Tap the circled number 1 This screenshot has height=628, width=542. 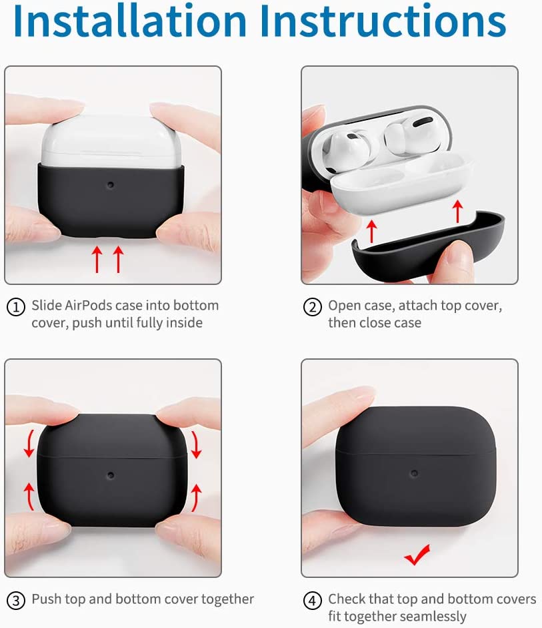click(x=15, y=307)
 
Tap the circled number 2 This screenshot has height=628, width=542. click(x=312, y=307)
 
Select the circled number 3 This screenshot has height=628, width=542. click(x=15, y=600)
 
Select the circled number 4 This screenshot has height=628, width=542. click(x=312, y=600)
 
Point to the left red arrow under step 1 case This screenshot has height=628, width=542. click(x=97, y=259)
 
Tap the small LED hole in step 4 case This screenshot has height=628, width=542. click(x=414, y=473)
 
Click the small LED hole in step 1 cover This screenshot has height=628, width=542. click(x=111, y=184)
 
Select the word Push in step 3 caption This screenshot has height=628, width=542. click(x=45, y=599)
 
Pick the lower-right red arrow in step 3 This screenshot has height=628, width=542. click(x=196, y=497)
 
